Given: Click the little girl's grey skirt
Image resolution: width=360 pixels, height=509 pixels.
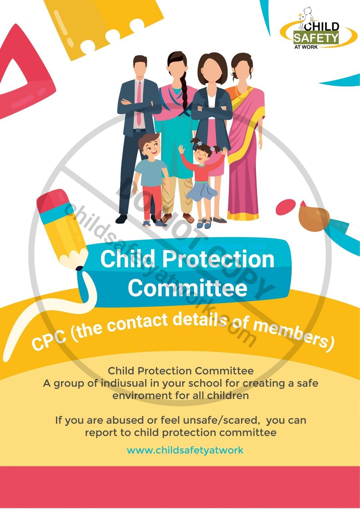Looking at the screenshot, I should point(201,190).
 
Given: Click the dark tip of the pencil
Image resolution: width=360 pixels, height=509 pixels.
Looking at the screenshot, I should point(79,268).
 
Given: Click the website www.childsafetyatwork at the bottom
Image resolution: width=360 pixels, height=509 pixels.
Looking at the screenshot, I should point(185,450).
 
